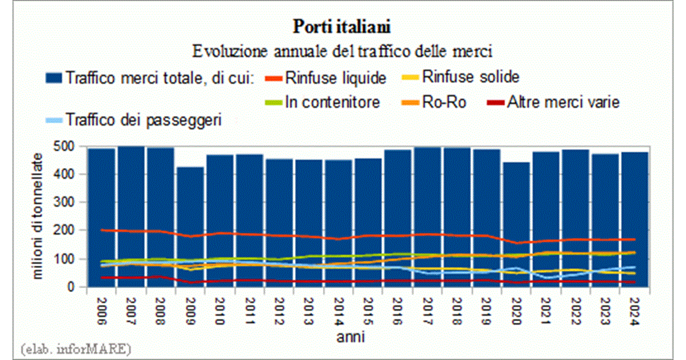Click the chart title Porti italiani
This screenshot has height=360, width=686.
(x=342, y=27)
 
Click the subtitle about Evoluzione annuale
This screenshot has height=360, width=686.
(x=342, y=51)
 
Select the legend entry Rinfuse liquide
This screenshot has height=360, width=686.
(x=335, y=77)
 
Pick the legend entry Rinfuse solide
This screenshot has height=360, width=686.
(x=470, y=76)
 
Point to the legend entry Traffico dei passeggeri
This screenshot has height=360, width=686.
(x=143, y=121)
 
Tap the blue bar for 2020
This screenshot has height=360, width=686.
(x=516, y=229)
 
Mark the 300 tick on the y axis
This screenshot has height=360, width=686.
(x=69, y=202)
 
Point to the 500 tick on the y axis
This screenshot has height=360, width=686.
(x=69, y=146)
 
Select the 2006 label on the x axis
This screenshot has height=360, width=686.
(x=102, y=310)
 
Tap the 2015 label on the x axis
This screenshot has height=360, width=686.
(x=369, y=310)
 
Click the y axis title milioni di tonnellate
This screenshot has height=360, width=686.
(x=37, y=216)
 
